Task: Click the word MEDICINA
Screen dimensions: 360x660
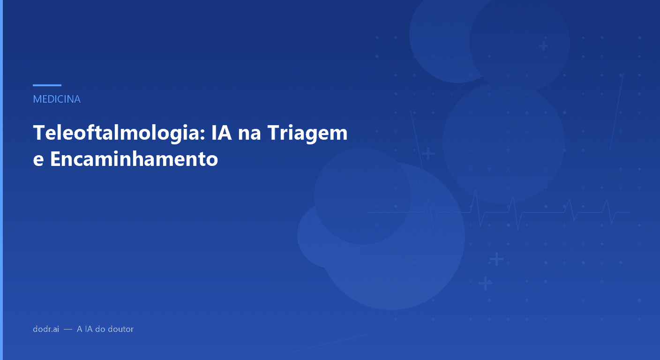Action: click(57, 99)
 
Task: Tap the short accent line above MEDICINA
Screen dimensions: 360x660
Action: click(47, 85)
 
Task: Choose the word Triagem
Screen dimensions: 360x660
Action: click(307, 134)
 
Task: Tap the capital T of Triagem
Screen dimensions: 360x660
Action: click(273, 133)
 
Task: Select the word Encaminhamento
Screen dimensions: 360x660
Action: click(134, 159)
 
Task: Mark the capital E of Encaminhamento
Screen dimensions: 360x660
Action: click(55, 159)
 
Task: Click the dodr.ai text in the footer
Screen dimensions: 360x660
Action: click(46, 329)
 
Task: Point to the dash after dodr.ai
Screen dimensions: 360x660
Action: click(68, 330)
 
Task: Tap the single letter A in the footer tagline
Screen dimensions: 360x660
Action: click(80, 329)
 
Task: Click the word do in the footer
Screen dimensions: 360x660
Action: click(100, 329)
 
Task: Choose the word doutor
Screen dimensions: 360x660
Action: click(121, 329)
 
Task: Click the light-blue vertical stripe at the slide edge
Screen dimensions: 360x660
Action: click(1, 180)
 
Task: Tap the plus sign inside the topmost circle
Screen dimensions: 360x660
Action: click(543, 46)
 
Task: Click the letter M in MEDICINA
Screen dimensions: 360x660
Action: click(37, 99)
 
